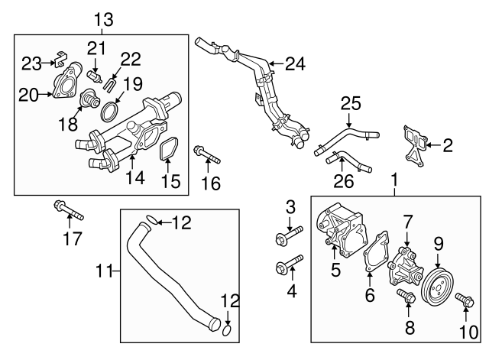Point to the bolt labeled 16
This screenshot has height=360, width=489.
(x=207, y=154)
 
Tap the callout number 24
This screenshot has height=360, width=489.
(x=295, y=63)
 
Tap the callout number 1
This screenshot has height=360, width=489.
(x=395, y=181)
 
